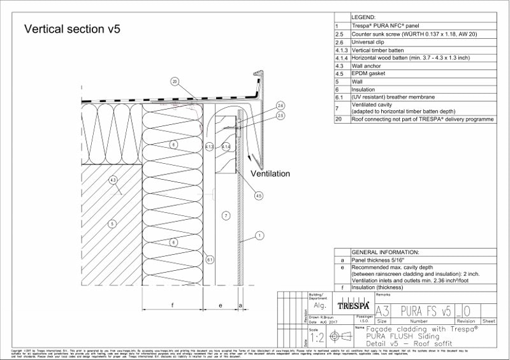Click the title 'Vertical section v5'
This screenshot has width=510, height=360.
pyautogui.click(x=72, y=29)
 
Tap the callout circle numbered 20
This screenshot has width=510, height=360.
pyautogui.click(x=175, y=81)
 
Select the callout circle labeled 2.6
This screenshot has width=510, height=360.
pyautogui.click(x=280, y=105)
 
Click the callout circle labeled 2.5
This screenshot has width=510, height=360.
pyautogui.click(x=280, y=115)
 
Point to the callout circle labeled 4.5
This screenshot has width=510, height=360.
pyautogui.click(x=258, y=196)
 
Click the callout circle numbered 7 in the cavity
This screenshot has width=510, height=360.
pyautogui.click(x=225, y=216)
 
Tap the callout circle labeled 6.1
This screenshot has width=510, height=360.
pyautogui.click(x=209, y=259)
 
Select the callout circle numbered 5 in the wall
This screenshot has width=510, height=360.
pyautogui.click(x=112, y=224)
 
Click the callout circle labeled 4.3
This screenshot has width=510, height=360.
pyautogui.click(x=112, y=180)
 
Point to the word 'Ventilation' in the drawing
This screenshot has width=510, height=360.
pyautogui.click(x=270, y=173)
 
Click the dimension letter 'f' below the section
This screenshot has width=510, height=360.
pyautogui.click(x=173, y=305)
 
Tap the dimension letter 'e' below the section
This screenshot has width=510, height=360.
pyautogui.click(x=220, y=305)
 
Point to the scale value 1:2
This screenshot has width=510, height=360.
pyautogui.click(x=317, y=338)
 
